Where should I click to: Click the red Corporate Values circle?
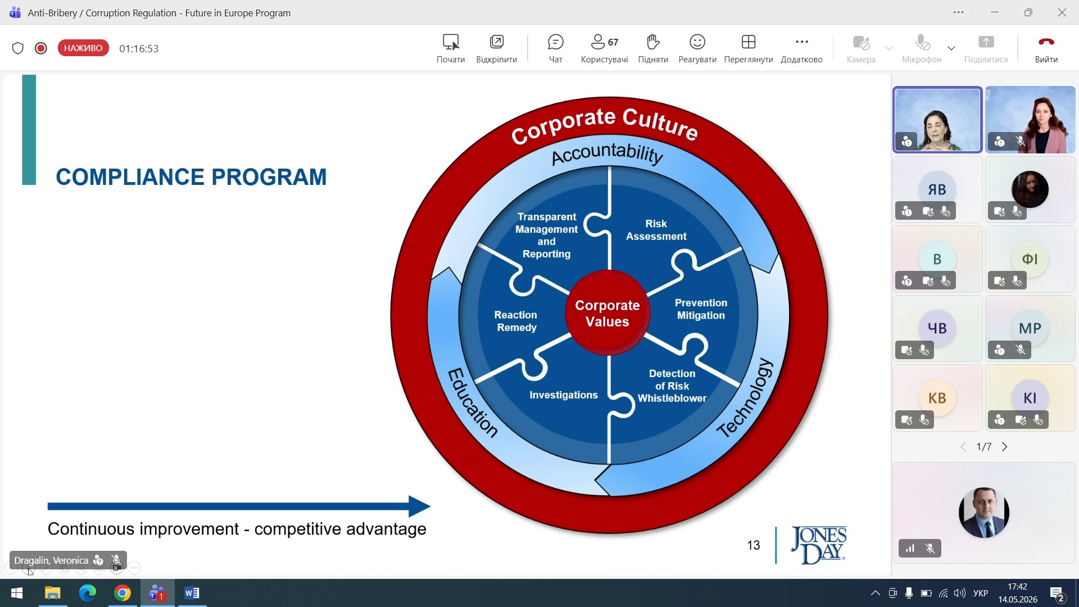(x=607, y=313)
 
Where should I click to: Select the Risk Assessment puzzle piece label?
(x=656, y=230)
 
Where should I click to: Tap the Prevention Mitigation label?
(x=701, y=309)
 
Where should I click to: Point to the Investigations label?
(x=564, y=395)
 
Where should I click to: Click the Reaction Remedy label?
(x=516, y=321)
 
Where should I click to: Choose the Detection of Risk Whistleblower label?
(x=672, y=386)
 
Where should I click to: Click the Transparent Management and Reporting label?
(x=546, y=235)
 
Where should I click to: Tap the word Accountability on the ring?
(x=607, y=153)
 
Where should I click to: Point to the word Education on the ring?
(x=473, y=402)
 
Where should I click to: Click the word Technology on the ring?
(x=745, y=398)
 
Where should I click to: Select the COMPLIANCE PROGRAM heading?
(x=191, y=177)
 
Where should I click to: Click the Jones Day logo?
(x=818, y=545)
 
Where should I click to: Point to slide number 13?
(x=753, y=545)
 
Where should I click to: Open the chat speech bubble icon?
(x=555, y=42)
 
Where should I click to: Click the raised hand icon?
(x=652, y=42)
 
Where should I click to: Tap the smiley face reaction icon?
(x=697, y=42)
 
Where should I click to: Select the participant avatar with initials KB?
(x=937, y=398)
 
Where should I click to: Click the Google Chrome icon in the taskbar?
(x=123, y=593)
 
